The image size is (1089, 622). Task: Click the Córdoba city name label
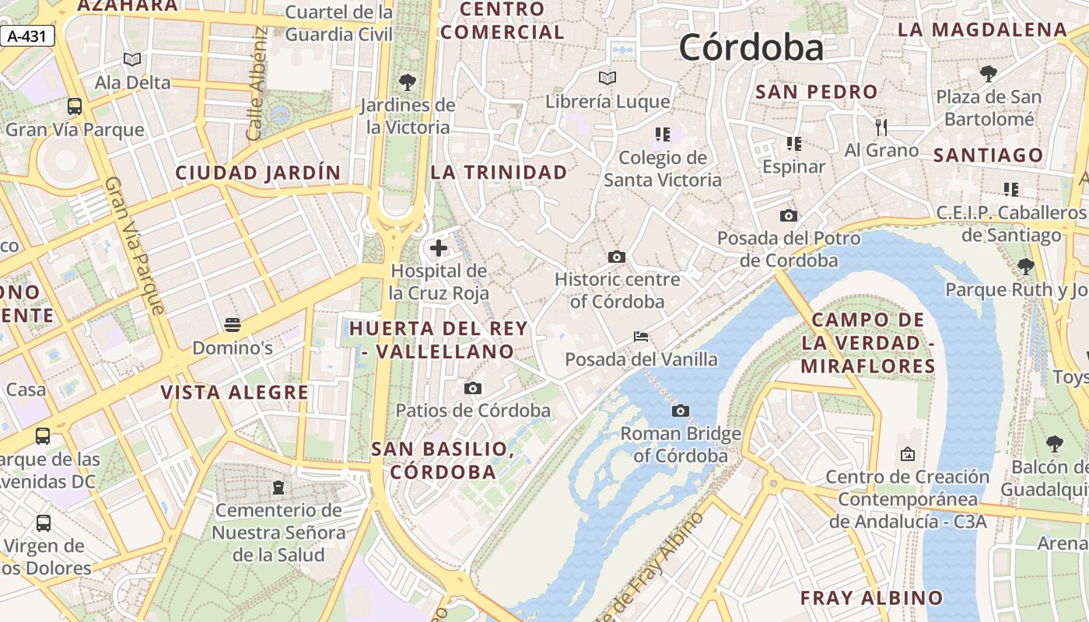751,48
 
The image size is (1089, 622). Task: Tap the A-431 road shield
27,36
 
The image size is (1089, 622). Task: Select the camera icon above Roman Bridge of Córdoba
681,411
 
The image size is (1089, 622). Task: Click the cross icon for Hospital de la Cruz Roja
439,248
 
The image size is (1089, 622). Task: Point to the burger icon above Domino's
232,324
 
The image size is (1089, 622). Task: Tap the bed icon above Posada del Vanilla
641,337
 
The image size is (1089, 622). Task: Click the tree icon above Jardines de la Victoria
407,82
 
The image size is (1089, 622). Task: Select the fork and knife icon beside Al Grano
881,127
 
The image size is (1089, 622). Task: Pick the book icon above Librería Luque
607,78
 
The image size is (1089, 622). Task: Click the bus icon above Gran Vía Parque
75,107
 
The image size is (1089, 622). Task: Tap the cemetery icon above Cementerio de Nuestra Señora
278,487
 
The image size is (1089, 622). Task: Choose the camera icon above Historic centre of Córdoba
617,257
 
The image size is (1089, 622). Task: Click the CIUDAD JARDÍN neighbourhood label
257,173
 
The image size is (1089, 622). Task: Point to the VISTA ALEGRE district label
234,393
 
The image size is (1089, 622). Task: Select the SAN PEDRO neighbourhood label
816,92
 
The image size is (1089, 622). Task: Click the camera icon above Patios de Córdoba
472,388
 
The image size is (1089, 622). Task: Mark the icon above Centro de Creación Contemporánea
907,453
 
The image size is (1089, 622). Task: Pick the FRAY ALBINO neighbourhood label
871,598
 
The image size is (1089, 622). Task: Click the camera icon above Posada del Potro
788,215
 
